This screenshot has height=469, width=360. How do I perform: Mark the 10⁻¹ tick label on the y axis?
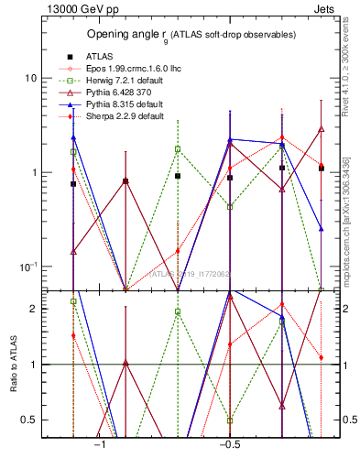(x=29, y=267)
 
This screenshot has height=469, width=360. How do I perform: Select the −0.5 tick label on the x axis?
(x=228, y=445)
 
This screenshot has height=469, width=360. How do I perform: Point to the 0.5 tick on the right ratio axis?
(x=341, y=420)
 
